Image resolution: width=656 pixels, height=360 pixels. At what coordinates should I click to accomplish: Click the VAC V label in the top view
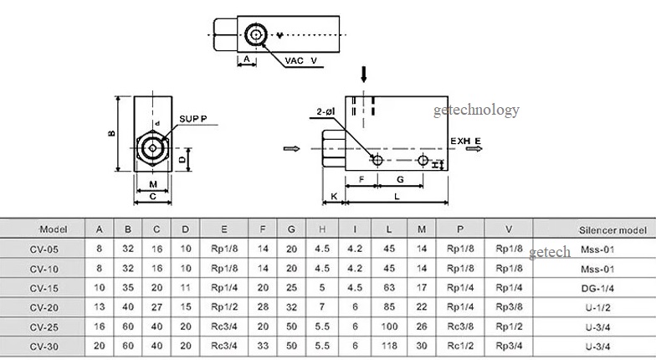pos(301,60)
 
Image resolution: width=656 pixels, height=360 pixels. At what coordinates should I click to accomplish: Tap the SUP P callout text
pos(192,119)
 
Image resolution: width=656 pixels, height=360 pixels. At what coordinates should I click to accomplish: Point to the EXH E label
pos(465,141)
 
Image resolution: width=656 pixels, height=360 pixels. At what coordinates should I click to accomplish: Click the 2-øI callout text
pos(325,111)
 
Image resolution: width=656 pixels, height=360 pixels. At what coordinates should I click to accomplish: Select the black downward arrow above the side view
pos(363,74)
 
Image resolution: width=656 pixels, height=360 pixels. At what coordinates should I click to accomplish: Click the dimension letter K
pos(334,196)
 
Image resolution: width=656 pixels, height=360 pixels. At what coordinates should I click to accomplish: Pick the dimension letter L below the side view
pos(397,196)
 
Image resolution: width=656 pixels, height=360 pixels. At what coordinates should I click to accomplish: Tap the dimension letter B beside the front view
pos(112,134)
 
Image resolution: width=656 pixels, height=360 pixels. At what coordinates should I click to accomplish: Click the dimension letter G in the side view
pos(400,179)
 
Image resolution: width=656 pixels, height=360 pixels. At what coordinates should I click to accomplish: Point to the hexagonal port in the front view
pos(152,147)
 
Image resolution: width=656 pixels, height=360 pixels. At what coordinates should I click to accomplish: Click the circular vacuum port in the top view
pos(254,34)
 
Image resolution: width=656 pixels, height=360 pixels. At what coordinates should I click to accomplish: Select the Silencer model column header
pos(612,229)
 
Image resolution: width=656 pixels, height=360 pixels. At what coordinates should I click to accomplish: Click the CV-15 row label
pos(44,288)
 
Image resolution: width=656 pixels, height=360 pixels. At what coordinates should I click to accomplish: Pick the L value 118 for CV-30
pos(389,346)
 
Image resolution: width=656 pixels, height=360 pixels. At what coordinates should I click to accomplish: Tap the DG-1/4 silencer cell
pos(597,288)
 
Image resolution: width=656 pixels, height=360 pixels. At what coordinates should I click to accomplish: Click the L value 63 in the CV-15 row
pos(389,288)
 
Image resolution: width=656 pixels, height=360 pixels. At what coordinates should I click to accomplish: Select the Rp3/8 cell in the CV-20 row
pos(509,306)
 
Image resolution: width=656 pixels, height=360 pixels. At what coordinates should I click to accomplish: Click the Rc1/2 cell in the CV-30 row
pos(460,346)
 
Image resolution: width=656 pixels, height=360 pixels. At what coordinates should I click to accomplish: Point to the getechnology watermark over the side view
pos(476,111)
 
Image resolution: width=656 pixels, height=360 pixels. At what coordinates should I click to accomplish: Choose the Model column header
pos(54,229)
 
